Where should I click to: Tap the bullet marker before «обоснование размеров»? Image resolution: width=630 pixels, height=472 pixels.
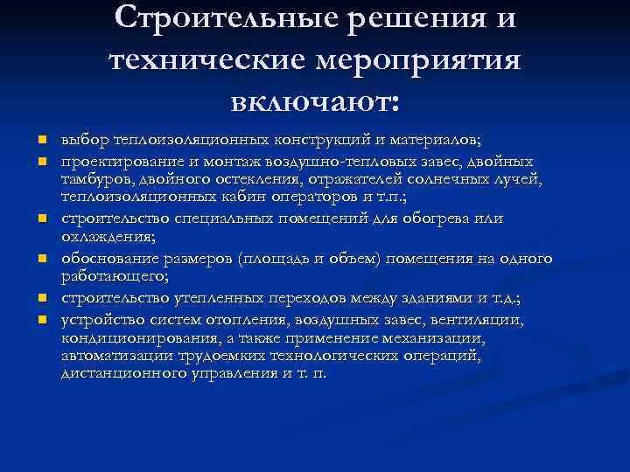pyautogui.click(x=41, y=260)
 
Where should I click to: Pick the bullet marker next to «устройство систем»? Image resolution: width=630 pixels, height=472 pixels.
pyautogui.click(x=41, y=321)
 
